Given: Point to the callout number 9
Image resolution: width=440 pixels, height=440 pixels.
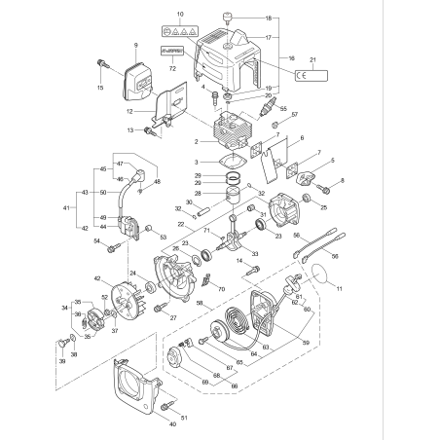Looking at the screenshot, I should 135,46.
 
